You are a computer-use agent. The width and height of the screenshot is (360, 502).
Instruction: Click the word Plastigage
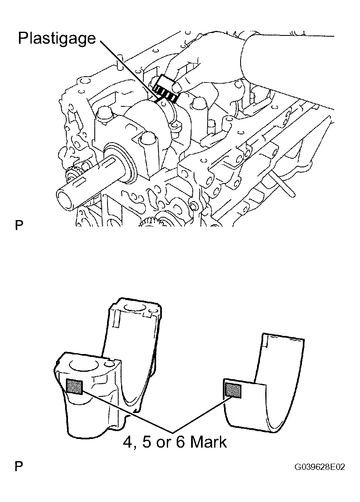(57, 39)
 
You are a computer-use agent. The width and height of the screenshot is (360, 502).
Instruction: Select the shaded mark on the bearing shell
(233, 390)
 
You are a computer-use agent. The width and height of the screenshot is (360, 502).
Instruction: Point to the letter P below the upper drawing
(19, 225)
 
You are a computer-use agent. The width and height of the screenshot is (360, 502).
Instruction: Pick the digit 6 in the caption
(180, 443)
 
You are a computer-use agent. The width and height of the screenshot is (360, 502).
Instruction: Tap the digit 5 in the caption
(147, 443)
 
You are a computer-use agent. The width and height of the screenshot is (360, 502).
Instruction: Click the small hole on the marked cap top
(109, 364)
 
